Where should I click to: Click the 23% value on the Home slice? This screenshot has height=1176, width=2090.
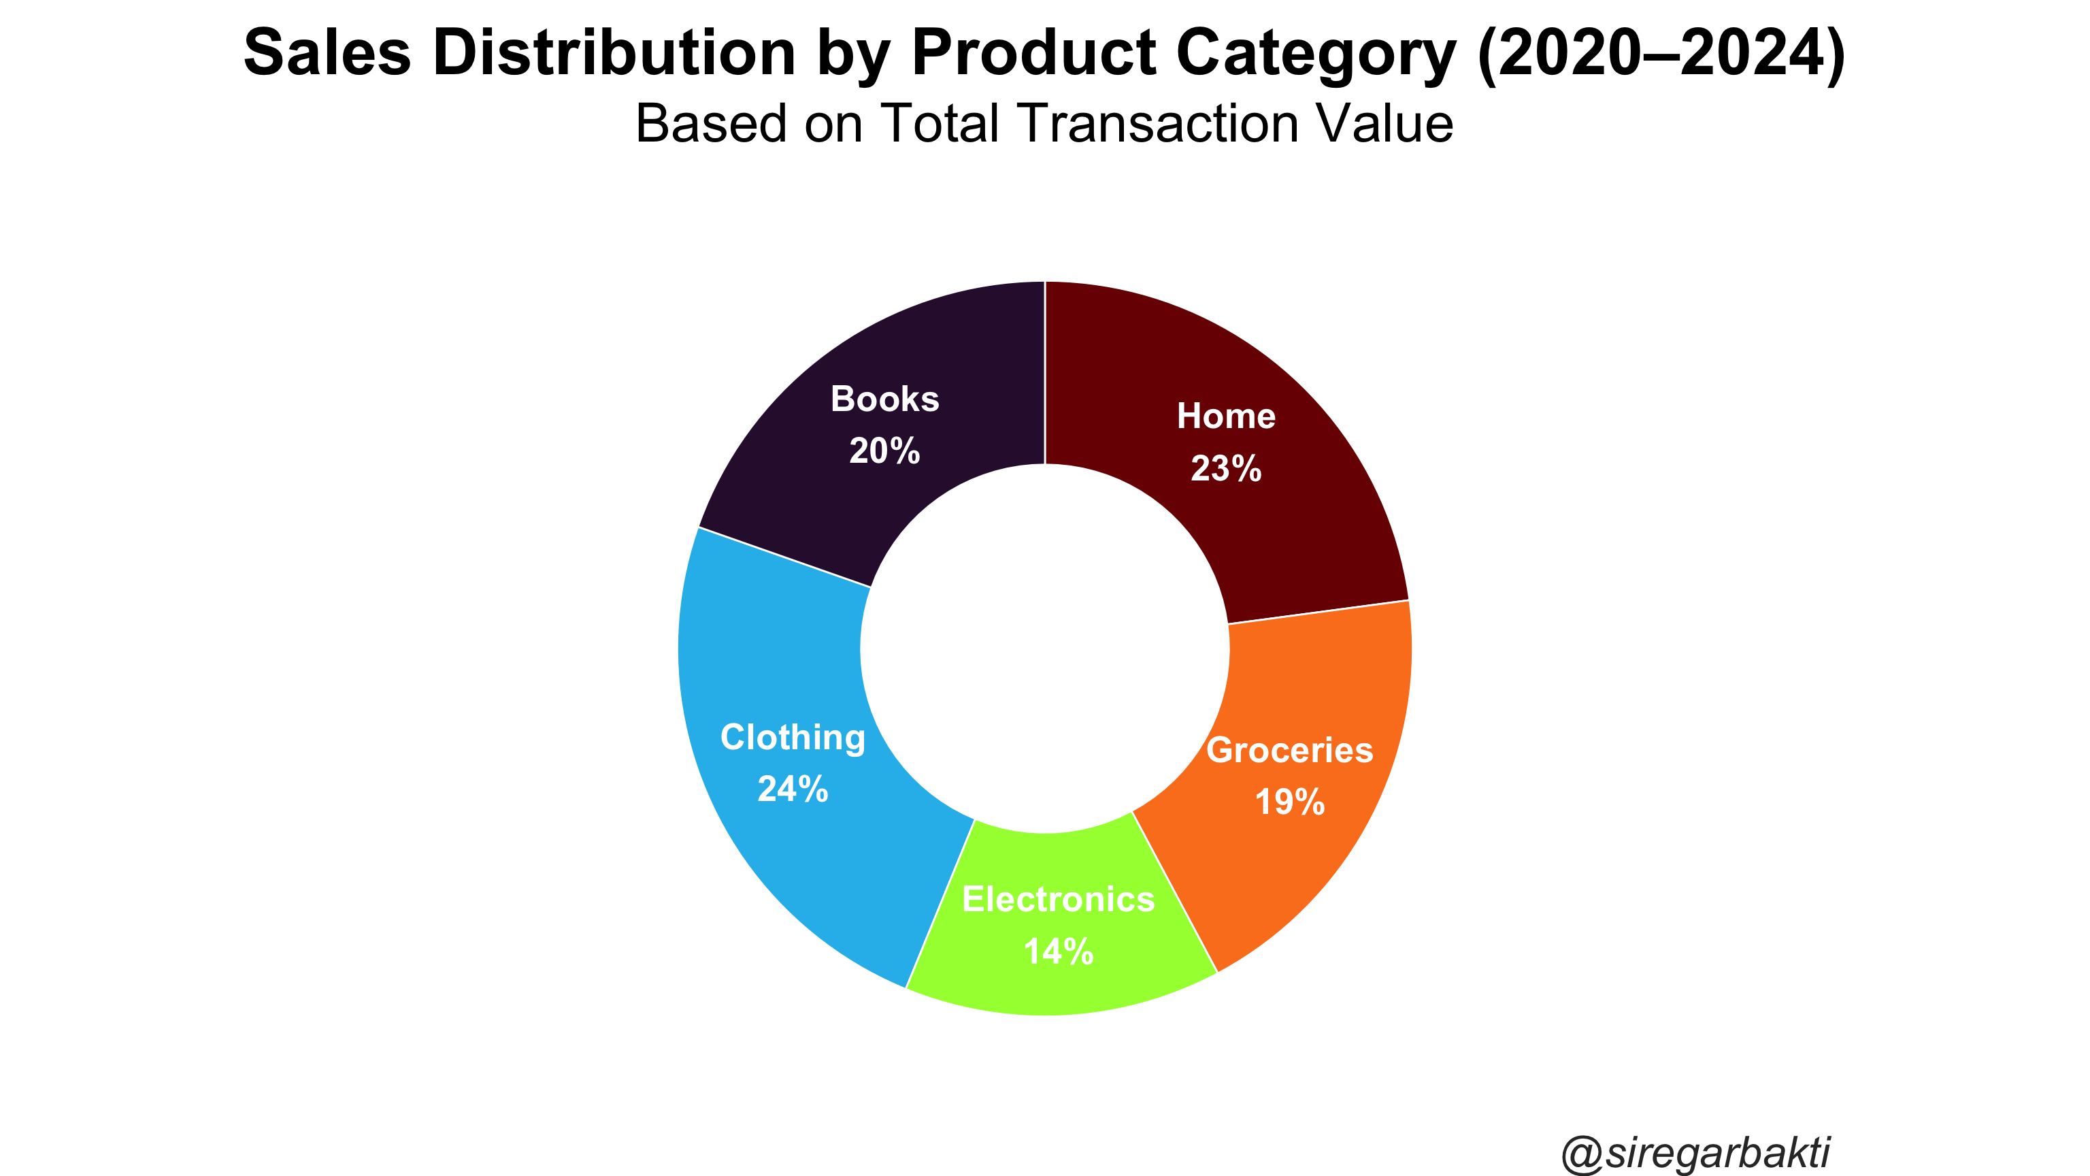(1226, 468)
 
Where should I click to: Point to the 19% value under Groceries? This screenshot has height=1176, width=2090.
(1289, 802)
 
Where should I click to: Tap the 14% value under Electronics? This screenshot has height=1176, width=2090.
(1059, 951)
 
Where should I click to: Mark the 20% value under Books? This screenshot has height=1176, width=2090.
(884, 451)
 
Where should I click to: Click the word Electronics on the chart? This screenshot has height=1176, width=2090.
(1059, 899)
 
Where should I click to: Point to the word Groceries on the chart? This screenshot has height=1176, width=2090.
(1289, 750)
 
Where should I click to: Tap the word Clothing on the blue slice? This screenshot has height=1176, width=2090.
(793, 738)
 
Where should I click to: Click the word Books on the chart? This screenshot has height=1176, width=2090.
(884, 399)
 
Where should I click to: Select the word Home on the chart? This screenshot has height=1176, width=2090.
(1226, 416)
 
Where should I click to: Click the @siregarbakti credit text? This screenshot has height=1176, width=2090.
(1695, 1152)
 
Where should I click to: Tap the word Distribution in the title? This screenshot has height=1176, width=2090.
(614, 53)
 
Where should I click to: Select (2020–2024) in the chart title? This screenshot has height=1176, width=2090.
(1661, 54)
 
